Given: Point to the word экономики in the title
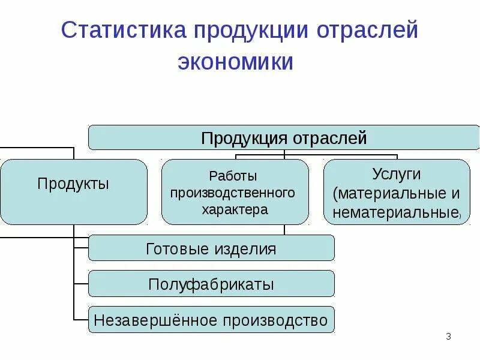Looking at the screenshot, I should [x=235, y=62].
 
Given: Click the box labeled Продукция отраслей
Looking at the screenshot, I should [x=283, y=138].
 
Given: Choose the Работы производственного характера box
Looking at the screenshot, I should [x=235, y=192].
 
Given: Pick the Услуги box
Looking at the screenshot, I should [x=397, y=192].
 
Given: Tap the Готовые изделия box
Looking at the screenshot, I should [x=211, y=248].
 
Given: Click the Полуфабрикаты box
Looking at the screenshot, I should [x=211, y=284].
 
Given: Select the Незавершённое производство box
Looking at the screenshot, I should [x=211, y=320].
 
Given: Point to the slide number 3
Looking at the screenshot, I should [x=448, y=337].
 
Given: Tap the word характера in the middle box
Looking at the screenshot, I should [x=235, y=210].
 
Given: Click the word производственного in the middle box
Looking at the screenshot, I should [x=233, y=193].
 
